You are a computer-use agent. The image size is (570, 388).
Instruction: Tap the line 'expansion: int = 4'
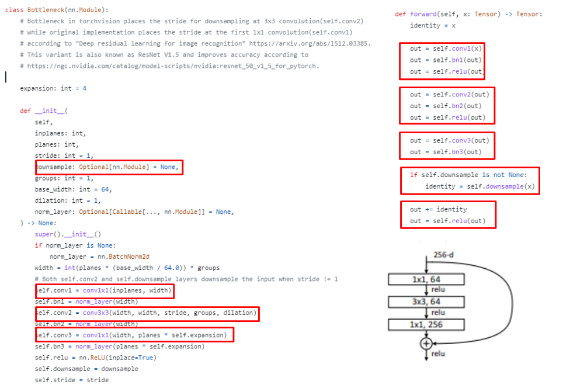pos(53,88)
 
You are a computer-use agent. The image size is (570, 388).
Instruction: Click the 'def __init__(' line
pos(44,110)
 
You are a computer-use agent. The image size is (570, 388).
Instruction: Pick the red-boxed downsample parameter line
pos(109,167)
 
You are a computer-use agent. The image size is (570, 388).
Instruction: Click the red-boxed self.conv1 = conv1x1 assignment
pos(105,290)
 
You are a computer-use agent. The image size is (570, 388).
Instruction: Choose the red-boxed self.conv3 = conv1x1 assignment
pos(134,335)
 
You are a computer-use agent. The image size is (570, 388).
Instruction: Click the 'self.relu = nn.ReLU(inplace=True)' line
pos(95,358)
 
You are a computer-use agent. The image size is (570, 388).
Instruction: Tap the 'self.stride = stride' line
pos(71,380)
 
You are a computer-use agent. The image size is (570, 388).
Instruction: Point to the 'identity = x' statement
pos(433,26)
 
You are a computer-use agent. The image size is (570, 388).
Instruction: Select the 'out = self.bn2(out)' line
pos(446,106)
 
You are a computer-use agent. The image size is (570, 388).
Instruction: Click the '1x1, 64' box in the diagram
pos(426,280)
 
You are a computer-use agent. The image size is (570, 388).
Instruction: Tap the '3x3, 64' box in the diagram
pos(426,302)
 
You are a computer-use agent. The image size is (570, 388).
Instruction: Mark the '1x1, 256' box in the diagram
pos(426,324)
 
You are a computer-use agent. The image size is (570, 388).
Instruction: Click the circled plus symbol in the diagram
pos(426,344)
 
